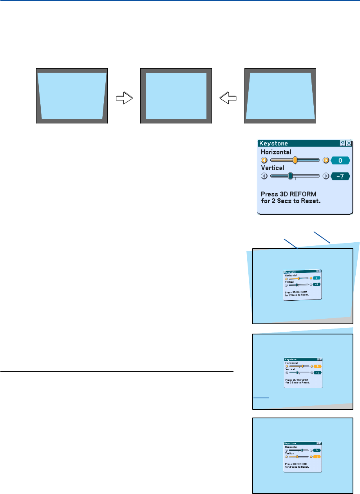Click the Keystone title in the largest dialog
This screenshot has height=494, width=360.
[273, 143]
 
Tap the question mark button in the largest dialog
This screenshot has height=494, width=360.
[342, 143]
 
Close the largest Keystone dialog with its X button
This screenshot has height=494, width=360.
[349, 143]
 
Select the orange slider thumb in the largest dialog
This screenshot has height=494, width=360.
[295, 160]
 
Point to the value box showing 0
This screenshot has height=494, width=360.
[340, 160]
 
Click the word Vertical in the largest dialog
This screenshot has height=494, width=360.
[273, 168]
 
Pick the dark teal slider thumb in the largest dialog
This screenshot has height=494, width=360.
[290, 176]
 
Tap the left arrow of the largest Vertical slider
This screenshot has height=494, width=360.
[264, 176]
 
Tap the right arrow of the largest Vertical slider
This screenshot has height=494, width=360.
[326, 176]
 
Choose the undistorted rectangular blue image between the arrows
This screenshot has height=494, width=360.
[176, 96]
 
